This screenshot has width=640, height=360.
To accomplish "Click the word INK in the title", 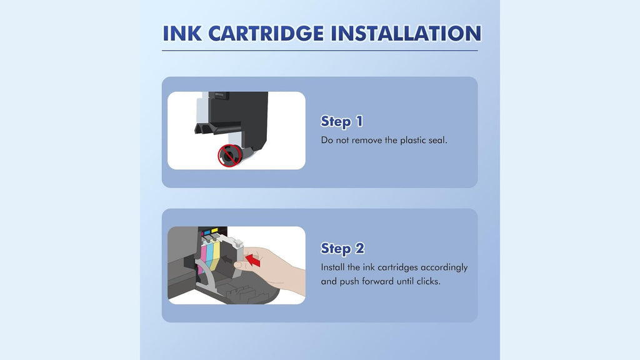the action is point(182,34).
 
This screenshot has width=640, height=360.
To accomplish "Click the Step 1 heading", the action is point(342,122).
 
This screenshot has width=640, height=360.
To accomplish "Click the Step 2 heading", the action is point(342,249).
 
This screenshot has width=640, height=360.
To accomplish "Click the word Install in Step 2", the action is point(332,267).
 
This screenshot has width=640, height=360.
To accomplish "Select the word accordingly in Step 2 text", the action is point(444,268).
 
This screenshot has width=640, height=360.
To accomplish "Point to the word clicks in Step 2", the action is point(428,281).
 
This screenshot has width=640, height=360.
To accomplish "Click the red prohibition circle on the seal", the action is point(229,156).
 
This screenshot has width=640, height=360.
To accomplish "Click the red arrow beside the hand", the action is point(253,259).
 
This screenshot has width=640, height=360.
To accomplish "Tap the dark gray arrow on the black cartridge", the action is point(225,259).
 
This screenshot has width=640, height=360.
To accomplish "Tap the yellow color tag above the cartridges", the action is point(214,231).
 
